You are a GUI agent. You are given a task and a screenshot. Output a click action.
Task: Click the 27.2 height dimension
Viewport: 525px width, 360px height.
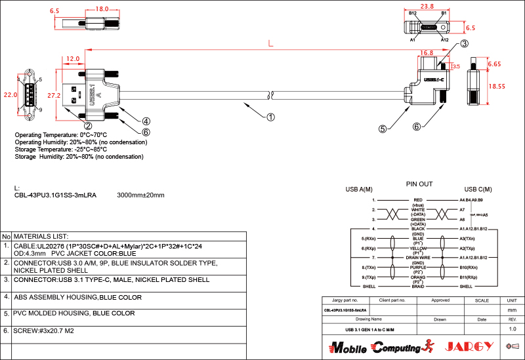point(54,95)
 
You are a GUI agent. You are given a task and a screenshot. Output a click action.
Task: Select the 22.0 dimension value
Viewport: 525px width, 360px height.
point(10,94)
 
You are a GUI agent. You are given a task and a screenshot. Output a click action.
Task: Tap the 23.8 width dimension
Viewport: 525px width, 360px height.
point(427,6)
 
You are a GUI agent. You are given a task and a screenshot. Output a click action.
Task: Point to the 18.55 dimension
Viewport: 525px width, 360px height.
point(497,86)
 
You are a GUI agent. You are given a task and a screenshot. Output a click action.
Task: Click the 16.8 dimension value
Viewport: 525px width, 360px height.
point(426,52)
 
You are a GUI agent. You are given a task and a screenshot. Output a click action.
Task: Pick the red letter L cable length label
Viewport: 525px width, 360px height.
point(270,45)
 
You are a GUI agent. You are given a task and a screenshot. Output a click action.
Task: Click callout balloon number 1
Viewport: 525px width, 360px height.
point(270,118)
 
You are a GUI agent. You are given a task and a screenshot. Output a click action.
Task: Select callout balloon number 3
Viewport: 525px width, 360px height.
point(463,44)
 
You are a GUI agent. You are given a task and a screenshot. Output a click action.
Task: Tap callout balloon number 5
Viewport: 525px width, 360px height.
point(382,129)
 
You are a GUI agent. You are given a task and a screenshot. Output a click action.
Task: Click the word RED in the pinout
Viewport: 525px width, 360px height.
point(417,199)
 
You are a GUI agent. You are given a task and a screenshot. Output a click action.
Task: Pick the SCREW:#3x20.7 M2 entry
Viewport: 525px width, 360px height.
point(44,330)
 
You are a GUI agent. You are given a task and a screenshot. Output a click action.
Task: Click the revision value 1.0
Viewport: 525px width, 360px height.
point(512,329)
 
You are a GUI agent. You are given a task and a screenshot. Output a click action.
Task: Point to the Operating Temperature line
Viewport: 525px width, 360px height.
point(61,135)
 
